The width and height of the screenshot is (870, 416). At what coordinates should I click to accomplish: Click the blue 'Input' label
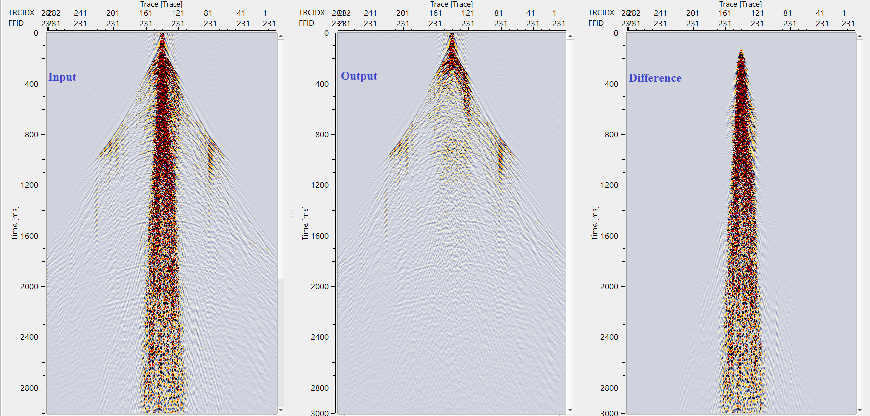[x=62, y=77]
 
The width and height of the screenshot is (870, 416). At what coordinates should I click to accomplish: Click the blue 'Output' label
[x=359, y=76]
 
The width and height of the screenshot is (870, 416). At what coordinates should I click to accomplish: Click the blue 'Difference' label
[x=655, y=78]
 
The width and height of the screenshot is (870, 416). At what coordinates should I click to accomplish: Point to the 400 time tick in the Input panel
[x=31, y=84]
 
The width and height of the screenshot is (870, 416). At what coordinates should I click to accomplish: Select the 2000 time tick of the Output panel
[x=320, y=286]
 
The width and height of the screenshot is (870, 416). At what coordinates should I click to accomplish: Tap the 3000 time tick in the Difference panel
[x=609, y=413]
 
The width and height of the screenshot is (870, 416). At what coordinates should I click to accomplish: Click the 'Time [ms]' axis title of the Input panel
[x=15, y=223]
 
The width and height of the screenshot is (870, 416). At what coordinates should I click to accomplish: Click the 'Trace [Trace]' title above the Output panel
[x=451, y=4]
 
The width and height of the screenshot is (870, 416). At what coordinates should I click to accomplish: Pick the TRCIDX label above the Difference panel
[x=601, y=13]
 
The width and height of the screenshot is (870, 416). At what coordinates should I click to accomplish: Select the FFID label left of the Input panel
[x=16, y=23]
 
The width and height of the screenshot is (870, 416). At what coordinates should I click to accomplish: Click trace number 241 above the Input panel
[x=80, y=13]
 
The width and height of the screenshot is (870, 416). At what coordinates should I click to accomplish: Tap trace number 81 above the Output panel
[x=498, y=13]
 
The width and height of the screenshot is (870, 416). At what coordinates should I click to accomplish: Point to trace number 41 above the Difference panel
[x=820, y=13]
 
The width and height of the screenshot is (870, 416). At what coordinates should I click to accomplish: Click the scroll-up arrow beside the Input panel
[x=281, y=36]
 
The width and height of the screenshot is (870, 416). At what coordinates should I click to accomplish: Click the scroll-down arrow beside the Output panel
[x=570, y=410]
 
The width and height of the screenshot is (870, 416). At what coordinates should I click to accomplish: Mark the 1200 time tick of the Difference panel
[x=609, y=185]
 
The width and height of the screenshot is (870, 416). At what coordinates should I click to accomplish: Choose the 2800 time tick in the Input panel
[x=29, y=388]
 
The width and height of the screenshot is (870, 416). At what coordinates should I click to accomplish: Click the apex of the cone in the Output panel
[x=452, y=34]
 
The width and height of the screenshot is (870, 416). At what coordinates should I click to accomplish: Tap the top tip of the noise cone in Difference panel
[x=741, y=49]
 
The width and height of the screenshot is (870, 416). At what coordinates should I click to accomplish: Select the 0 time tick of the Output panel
[x=326, y=33]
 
